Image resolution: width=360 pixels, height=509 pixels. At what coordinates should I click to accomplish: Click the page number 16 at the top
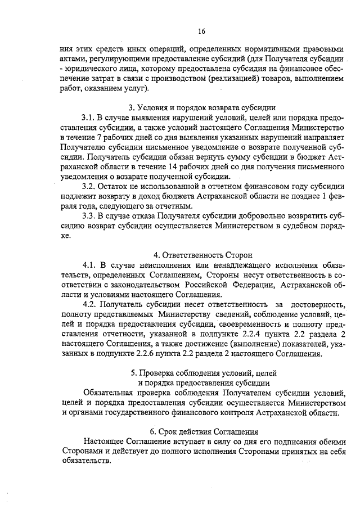click(x=202, y=31)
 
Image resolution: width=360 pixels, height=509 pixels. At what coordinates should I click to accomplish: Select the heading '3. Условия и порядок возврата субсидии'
click(x=202, y=108)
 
